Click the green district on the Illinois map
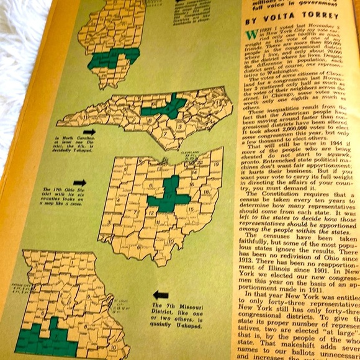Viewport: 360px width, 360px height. tap(112, 59)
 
